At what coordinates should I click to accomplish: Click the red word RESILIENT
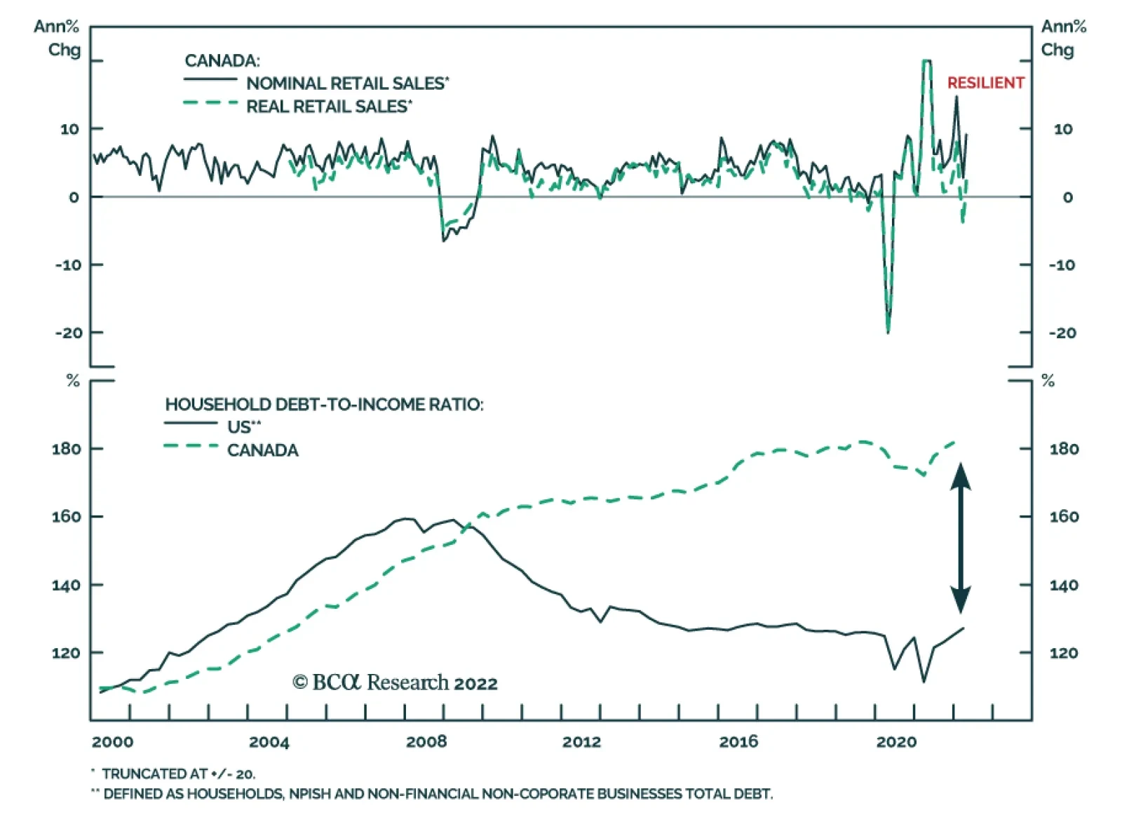pos(985,83)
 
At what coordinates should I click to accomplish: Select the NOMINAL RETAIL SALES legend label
pos(346,83)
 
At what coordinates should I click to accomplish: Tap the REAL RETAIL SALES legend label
pos(327,107)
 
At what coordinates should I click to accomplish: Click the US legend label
pos(243,427)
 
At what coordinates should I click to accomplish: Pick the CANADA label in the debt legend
pos(262,450)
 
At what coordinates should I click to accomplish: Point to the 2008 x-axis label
pos(426,742)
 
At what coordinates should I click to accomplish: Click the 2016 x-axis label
pos(738,742)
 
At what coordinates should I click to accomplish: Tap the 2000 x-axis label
pos(112,742)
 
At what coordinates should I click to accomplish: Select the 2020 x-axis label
pos(895,742)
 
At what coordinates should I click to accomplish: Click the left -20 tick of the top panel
pos(69,333)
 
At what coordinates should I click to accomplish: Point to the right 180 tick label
pos(1064,449)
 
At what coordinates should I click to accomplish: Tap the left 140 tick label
pos(66,585)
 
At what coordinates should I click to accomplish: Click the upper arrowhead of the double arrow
pos(961,475)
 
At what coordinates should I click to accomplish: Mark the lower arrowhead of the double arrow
pos(961,601)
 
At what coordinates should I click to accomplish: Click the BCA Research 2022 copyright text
pos(395,682)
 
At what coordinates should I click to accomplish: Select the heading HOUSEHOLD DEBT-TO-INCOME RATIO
pos(324,405)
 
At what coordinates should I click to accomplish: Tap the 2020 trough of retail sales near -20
pos(888,331)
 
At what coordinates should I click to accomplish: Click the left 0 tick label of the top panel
pos(74,197)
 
